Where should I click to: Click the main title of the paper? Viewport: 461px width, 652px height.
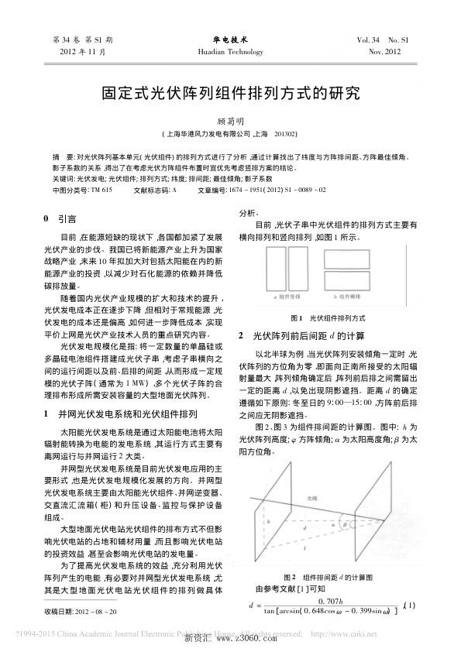[x=230, y=95]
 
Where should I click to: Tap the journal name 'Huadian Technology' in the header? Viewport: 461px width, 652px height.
[x=230, y=52]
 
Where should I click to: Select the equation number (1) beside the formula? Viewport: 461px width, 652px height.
[x=411, y=604]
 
